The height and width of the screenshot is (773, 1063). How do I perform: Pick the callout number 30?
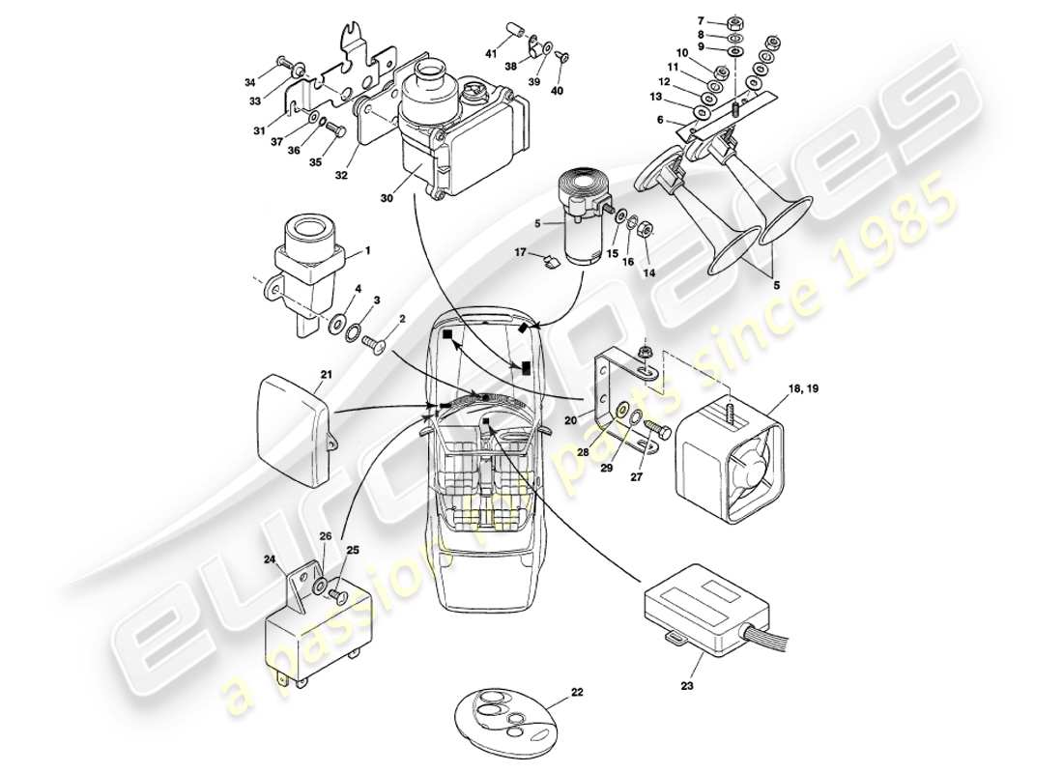pos(388,198)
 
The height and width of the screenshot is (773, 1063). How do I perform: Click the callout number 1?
pos(364,251)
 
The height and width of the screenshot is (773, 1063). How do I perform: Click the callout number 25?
pos(352,550)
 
